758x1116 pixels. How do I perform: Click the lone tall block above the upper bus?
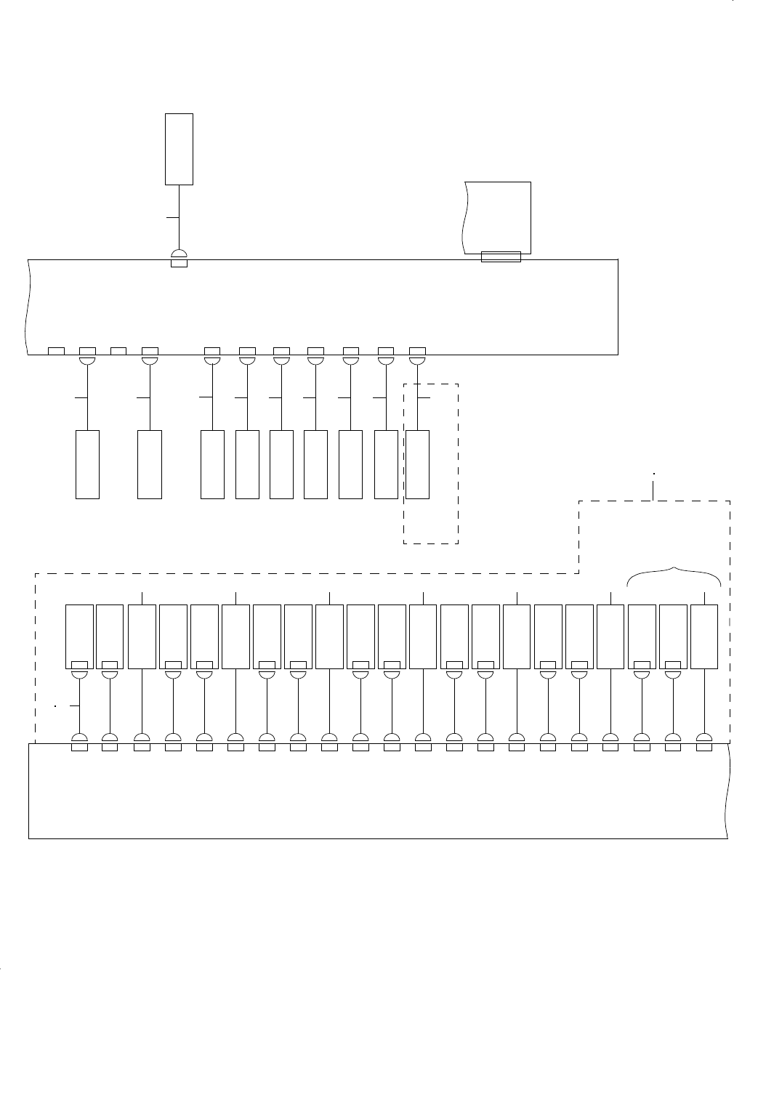179,149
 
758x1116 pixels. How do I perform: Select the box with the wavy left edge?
497,217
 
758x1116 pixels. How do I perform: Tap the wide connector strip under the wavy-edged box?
501,256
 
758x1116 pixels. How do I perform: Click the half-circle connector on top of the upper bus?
179,253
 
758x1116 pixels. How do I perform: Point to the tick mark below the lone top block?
172,217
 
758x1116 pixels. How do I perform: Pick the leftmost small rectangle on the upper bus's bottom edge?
56,352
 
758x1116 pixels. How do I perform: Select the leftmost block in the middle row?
87,464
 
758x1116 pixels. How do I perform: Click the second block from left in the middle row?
150,464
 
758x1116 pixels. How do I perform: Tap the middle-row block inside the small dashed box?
417,464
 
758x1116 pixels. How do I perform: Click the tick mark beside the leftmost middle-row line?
81,398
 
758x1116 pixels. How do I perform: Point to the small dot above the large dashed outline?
653,474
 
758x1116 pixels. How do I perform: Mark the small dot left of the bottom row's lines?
55,705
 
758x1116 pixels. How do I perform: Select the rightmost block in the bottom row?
704,636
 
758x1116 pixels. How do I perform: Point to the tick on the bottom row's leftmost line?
72,705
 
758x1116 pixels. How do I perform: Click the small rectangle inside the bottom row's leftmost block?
79,664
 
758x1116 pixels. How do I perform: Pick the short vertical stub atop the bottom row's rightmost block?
704,598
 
